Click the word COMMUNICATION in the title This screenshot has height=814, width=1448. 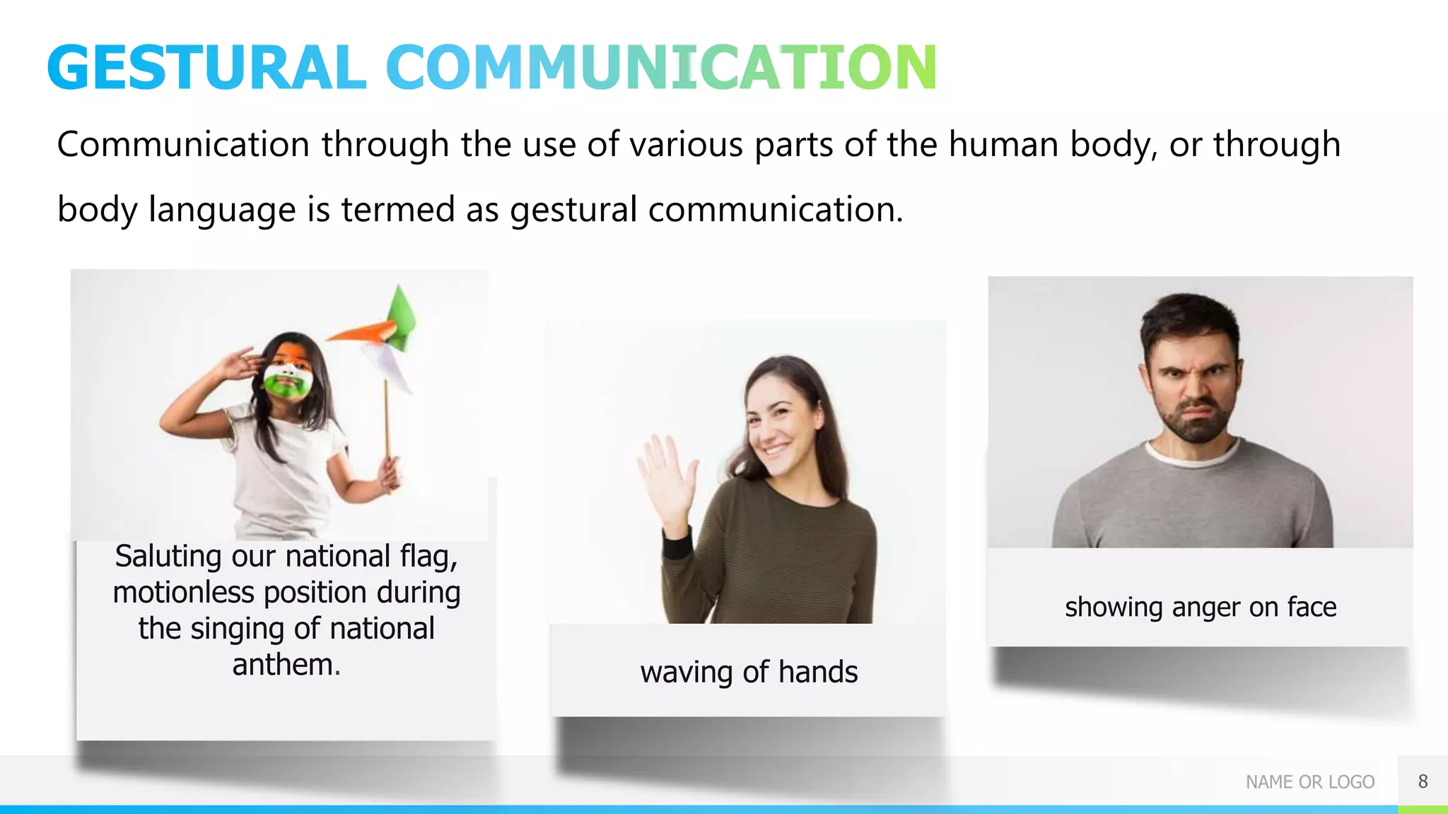661,68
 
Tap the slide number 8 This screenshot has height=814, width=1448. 1423,781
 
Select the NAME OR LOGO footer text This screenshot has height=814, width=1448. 1309,782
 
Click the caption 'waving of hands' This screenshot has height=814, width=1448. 749,672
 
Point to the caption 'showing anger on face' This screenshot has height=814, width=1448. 1201,608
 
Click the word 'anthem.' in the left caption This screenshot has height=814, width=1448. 286,665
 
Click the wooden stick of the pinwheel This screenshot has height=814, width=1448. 387,424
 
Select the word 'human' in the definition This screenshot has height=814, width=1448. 1003,145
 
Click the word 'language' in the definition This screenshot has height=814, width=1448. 222,210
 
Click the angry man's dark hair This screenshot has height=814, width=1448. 1188,318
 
